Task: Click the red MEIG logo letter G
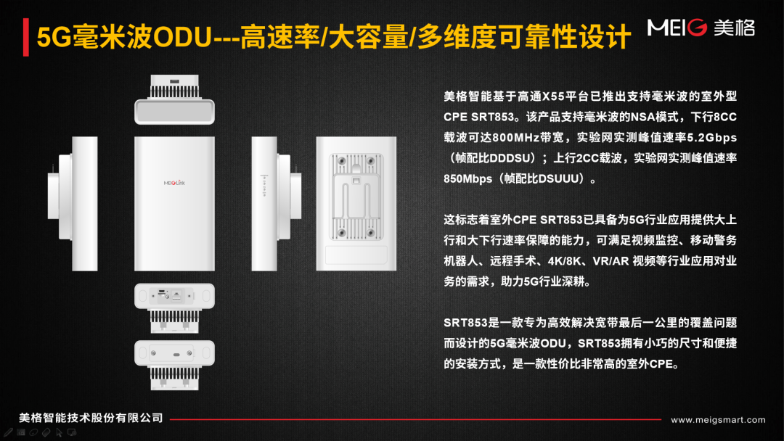(x=697, y=28)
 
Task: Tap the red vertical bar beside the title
(x=26, y=37)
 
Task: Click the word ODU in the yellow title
(x=182, y=38)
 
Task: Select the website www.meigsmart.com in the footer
(x=718, y=419)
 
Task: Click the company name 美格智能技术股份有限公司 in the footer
(x=91, y=418)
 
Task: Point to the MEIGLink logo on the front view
(x=174, y=183)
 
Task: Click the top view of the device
(x=174, y=99)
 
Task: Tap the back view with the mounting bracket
(x=356, y=204)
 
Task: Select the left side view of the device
(x=73, y=204)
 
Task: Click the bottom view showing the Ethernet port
(x=174, y=308)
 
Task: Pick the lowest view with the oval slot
(x=174, y=365)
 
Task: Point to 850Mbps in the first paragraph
(x=467, y=179)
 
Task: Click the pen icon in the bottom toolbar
(x=8, y=432)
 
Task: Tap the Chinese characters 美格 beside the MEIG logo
(x=734, y=28)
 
